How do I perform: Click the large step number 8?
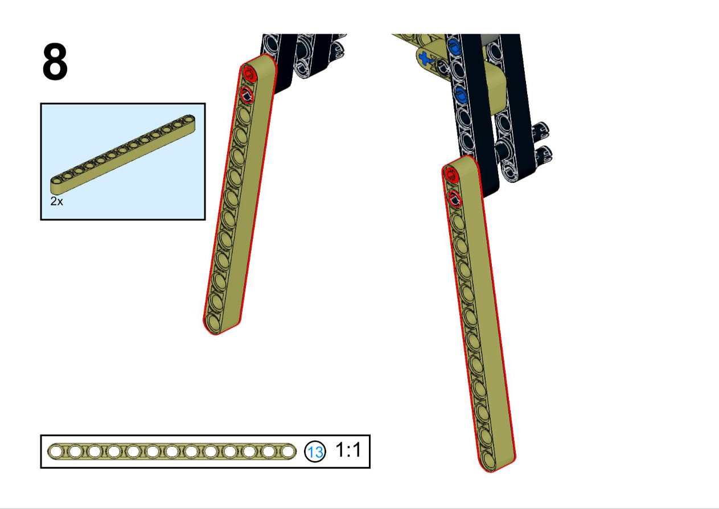[55, 61]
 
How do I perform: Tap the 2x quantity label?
[56, 201]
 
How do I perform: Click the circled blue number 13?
[315, 451]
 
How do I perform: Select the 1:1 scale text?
[348, 450]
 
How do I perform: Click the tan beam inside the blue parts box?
[123, 154]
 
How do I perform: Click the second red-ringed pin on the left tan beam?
[246, 95]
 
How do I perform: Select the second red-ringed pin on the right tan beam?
[454, 198]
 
